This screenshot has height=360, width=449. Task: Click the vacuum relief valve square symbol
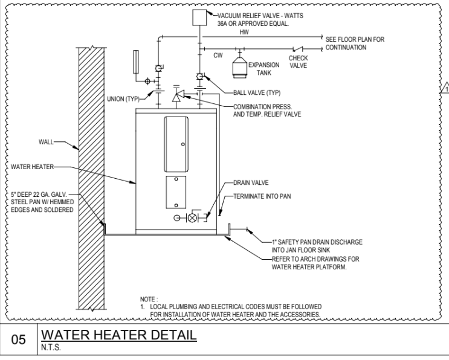tap(199, 18)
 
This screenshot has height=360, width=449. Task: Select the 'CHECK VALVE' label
tap(298, 62)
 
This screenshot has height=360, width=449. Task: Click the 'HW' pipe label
tap(244, 32)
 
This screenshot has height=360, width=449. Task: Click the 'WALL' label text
tap(45, 143)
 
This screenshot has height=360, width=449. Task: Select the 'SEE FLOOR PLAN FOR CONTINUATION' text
tap(354, 43)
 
